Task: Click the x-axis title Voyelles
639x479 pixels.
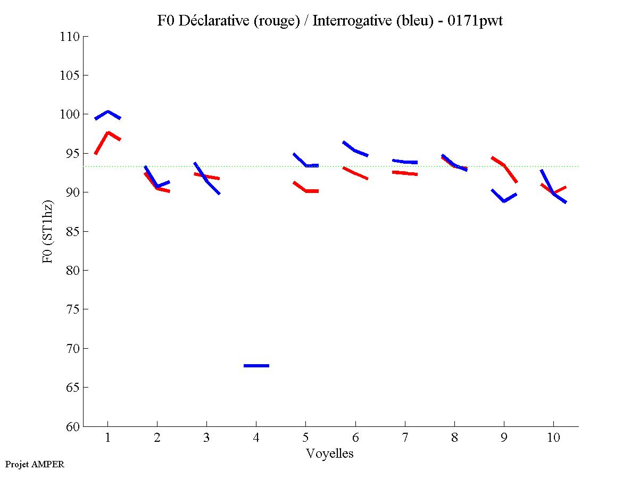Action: [x=330, y=453]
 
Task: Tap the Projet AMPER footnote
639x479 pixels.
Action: [x=35, y=464]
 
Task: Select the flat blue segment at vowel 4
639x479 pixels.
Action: [x=256, y=366]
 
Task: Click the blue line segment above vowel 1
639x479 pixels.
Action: [x=108, y=112]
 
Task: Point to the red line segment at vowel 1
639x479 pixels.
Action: [x=108, y=133]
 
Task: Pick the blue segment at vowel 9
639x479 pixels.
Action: [x=504, y=200]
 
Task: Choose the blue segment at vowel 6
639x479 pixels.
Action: [x=355, y=150]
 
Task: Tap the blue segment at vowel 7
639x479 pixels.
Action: [x=405, y=162]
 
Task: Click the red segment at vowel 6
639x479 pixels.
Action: [x=355, y=174]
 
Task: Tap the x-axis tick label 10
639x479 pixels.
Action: [x=553, y=438]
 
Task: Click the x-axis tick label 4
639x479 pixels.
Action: [x=256, y=438]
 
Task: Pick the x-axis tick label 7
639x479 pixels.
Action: [x=405, y=438]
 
